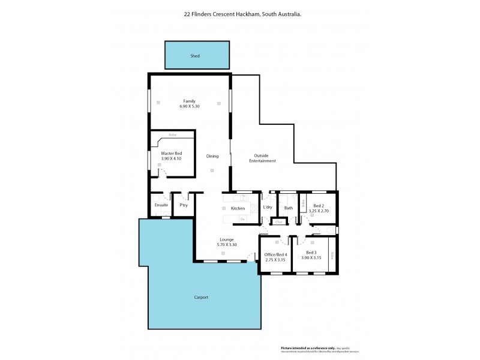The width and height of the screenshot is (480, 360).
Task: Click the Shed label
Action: (x=195, y=56)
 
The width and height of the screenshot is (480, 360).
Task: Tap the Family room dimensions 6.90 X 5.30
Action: (x=189, y=106)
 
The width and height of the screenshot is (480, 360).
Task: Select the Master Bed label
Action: (x=171, y=154)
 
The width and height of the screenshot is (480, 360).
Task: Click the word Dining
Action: (x=212, y=156)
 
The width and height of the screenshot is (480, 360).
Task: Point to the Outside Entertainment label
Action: (x=263, y=159)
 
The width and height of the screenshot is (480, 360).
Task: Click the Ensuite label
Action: (x=161, y=206)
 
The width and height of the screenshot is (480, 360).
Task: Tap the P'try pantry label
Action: (x=183, y=206)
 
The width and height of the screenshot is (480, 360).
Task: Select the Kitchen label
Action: (x=238, y=208)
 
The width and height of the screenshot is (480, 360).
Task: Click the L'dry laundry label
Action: (x=268, y=208)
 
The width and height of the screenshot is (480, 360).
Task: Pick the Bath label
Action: (x=289, y=208)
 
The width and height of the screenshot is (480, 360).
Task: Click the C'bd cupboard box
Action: (x=278, y=223)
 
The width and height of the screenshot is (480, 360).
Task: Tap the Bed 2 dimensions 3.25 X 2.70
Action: (x=318, y=212)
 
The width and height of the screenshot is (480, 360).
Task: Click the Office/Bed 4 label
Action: (x=276, y=254)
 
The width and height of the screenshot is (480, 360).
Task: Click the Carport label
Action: (x=201, y=297)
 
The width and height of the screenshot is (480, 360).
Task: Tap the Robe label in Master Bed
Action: (x=172, y=135)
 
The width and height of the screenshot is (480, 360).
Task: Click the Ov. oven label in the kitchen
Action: (x=242, y=219)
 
